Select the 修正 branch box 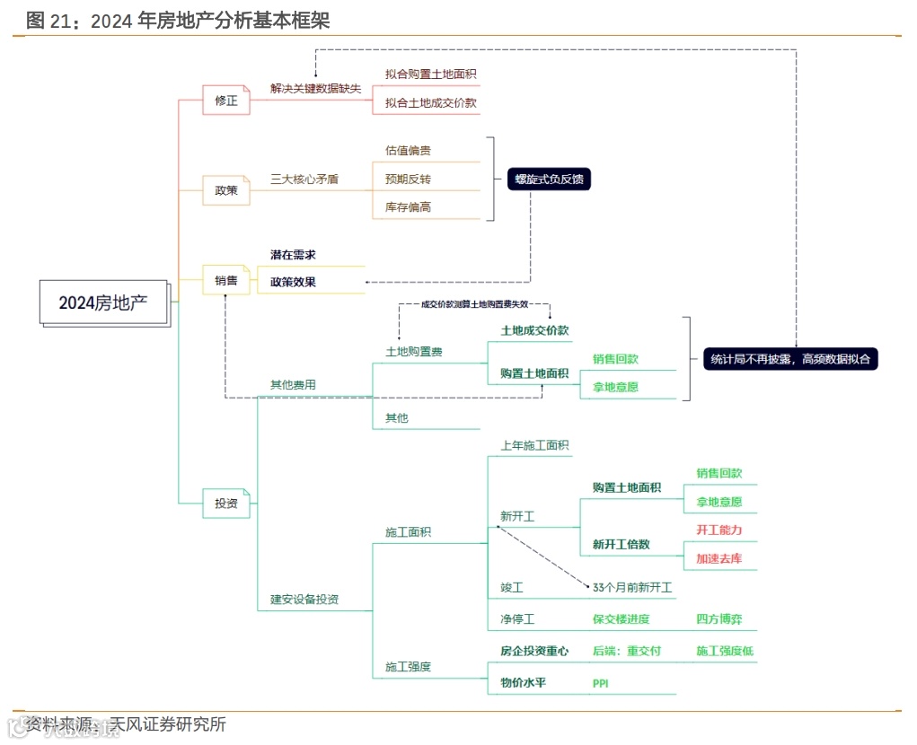pyautogui.click(x=226, y=101)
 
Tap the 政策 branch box pyautogui.click(x=226, y=190)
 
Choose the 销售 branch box pyautogui.click(x=226, y=281)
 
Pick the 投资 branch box pyautogui.click(x=226, y=504)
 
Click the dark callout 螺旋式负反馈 pyautogui.click(x=548, y=179)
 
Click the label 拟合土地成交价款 pyautogui.click(x=431, y=103)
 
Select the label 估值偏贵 pyautogui.click(x=408, y=150)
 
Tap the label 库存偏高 pyautogui.click(x=408, y=206)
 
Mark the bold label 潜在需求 pyautogui.click(x=294, y=255)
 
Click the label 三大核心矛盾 pyautogui.click(x=304, y=179)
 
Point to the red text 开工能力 pyautogui.click(x=719, y=530)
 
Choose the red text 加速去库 pyautogui.click(x=719, y=558)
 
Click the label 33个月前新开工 pyautogui.click(x=632, y=588)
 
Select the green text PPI pyautogui.click(x=601, y=684)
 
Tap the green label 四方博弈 pyautogui.click(x=719, y=618)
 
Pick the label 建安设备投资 pyautogui.click(x=304, y=600)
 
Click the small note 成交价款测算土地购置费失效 pyautogui.click(x=475, y=304)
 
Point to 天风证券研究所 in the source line pyautogui.click(x=167, y=723)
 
